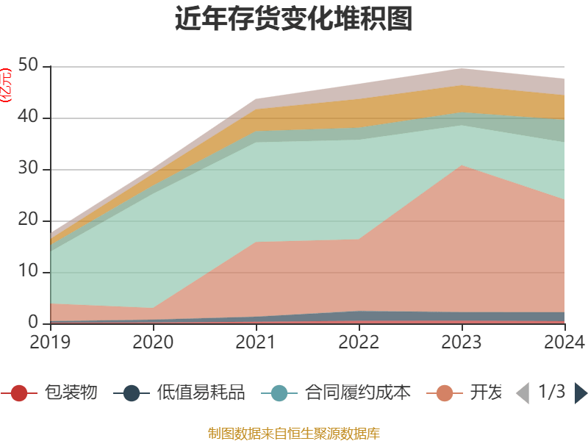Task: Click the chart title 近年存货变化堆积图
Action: click(x=294, y=20)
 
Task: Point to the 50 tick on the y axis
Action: click(x=29, y=66)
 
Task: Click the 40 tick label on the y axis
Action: click(x=29, y=118)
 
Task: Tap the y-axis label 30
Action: click(x=29, y=169)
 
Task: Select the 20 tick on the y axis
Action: click(x=29, y=220)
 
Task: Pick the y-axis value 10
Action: click(x=29, y=272)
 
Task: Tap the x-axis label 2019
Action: click(x=50, y=342)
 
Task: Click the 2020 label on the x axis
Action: click(x=153, y=342)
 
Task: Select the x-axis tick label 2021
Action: click(x=256, y=342)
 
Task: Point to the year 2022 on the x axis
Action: click(x=359, y=342)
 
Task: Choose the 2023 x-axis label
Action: click(x=462, y=342)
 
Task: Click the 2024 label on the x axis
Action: click(x=564, y=342)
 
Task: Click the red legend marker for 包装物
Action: click(x=20, y=393)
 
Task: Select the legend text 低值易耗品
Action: click(x=201, y=393)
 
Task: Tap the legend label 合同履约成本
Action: click(x=358, y=393)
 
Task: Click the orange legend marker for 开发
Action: click(x=445, y=393)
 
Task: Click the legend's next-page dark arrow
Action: click(x=581, y=393)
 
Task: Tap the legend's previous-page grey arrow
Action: click(x=523, y=393)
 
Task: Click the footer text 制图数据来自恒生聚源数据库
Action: click(x=294, y=433)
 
